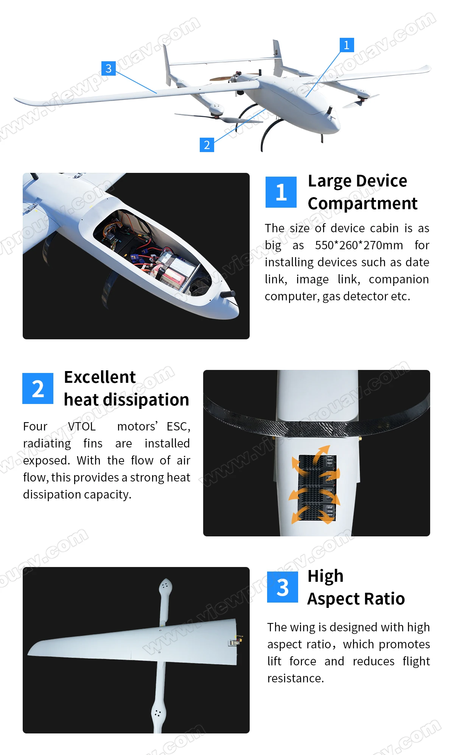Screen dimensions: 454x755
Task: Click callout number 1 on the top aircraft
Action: [x=347, y=45]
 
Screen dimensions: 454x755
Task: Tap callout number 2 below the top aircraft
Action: [x=207, y=144]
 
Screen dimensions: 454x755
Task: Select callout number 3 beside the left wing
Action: [x=109, y=68]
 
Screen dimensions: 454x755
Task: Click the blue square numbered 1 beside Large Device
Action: [x=281, y=192]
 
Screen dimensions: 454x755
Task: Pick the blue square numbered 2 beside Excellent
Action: [x=38, y=388]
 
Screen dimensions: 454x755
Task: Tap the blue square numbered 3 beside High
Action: [x=283, y=587]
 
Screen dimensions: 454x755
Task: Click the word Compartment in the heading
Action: [x=362, y=204]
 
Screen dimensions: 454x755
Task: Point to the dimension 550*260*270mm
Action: [x=359, y=245]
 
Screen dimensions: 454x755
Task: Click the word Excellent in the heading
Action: [x=100, y=377]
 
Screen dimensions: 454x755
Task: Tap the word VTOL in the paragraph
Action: [x=82, y=426]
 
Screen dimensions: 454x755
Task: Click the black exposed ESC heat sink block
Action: [x=317, y=487]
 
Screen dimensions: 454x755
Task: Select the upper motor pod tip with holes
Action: [x=165, y=588]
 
